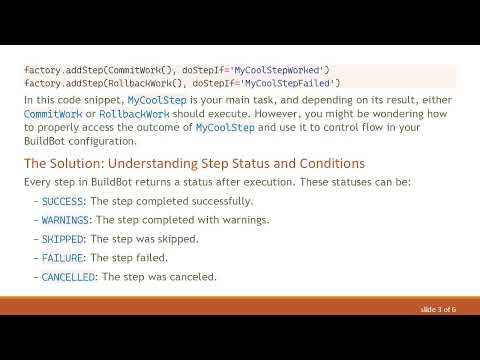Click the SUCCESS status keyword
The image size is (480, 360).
pyautogui.click(x=64, y=201)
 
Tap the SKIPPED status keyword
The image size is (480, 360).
pyautogui.click(x=64, y=239)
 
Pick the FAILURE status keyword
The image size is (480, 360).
pyautogui.click(x=64, y=258)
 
